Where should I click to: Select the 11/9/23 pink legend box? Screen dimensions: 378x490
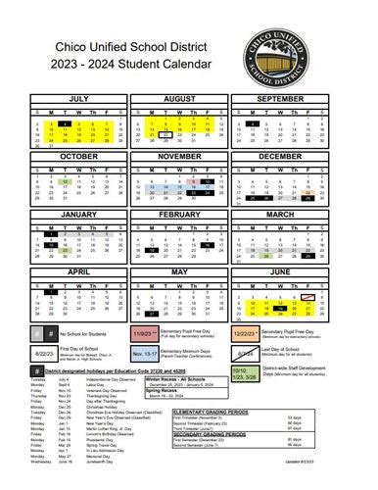point(142,332)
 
